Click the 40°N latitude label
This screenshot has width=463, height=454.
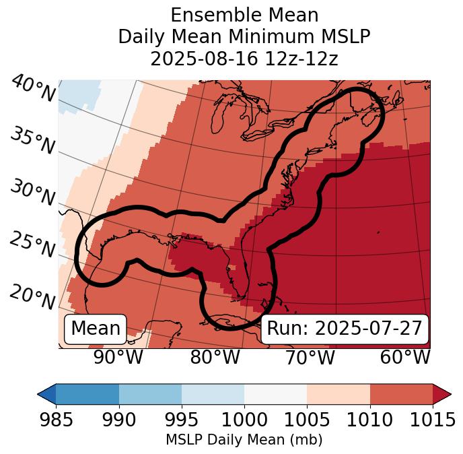(32, 89)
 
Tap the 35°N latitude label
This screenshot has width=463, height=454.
(32, 141)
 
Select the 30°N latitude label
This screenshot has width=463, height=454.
(32, 193)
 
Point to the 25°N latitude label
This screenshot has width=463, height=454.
(32, 245)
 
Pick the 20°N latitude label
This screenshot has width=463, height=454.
(32, 296)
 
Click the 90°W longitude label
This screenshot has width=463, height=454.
(118, 357)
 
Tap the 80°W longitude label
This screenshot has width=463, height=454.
(215, 357)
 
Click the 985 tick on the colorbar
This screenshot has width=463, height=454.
(57, 420)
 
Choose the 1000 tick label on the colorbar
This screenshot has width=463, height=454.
(244, 420)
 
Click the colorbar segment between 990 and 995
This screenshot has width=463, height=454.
(150, 393)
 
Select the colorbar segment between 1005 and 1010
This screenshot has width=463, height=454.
(338, 393)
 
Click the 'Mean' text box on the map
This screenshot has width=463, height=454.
(96, 329)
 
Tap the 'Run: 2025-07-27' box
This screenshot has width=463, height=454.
(345, 329)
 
